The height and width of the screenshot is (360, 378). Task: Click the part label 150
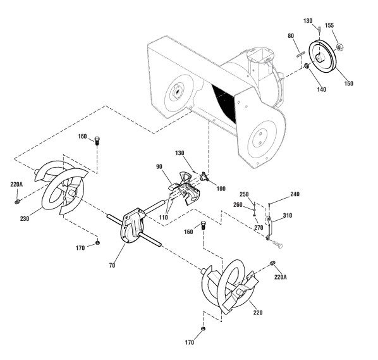(x=348, y=84)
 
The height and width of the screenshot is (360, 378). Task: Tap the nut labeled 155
(x=339, y=47)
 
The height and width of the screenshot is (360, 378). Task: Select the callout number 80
(x=291, y=36)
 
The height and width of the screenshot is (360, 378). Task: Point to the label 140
(x=321, y=89)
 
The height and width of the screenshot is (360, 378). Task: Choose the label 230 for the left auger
(x=25, y=219)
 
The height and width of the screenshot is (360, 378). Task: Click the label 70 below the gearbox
(x=112, y=266)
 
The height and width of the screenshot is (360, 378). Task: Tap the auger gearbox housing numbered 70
(x=131, y=226)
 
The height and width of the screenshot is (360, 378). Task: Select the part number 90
(x=159, y=167)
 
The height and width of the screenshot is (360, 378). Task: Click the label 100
(x=221, y=189)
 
